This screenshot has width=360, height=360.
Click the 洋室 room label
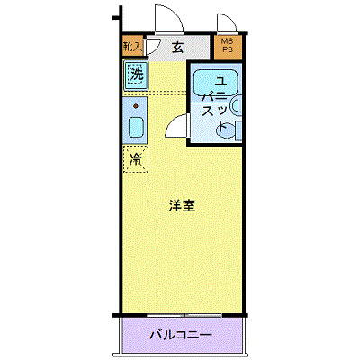point(181,206)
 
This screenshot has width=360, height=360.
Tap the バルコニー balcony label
point(180,335)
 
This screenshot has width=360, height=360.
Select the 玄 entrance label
point(178,49)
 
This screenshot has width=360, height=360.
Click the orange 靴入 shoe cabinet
point(132,47)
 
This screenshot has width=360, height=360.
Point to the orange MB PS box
point(225,47)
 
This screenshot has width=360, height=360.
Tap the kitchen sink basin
point(135,126)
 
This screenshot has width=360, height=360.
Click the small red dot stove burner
point(136,105)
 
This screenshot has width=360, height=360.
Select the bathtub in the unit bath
point(216,81)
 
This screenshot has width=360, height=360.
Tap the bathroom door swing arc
point(176,126)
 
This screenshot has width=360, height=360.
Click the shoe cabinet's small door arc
point(153,47)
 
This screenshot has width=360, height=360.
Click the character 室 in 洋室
point(189,206)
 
